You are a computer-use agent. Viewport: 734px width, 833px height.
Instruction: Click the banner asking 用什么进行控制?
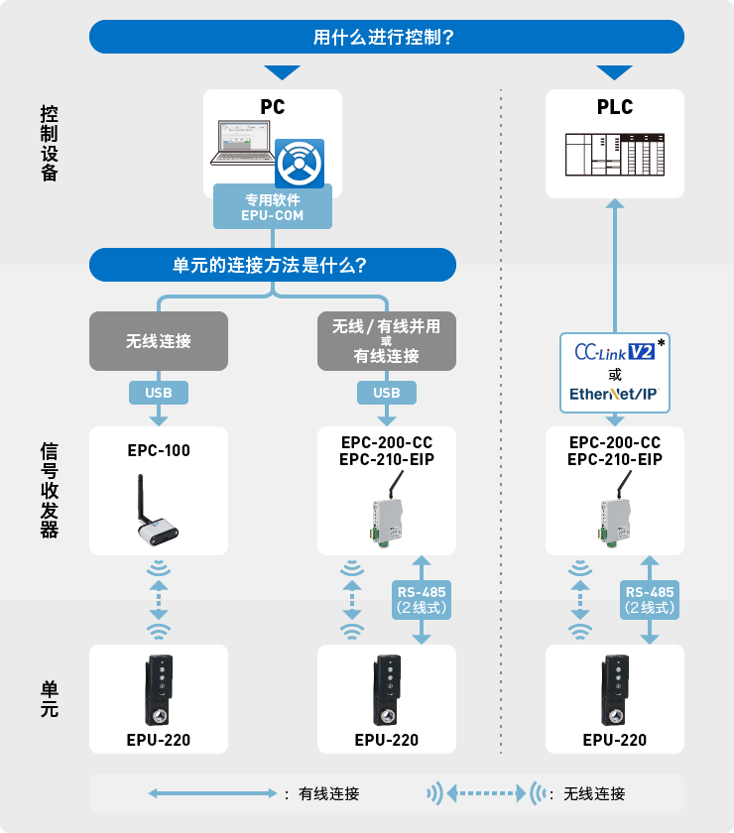click(x=387, y=37)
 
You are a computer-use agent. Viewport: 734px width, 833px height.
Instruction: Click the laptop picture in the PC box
click(x=242, y=144)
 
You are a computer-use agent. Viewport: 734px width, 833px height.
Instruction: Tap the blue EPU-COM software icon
click(x=300, y=163)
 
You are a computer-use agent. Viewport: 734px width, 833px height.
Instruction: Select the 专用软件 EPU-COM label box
click(x=273, y=207)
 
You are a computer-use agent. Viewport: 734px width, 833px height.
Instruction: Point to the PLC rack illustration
click(x=615, y=155)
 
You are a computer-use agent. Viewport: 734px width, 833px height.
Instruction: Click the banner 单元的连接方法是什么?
click(x=273, y=265)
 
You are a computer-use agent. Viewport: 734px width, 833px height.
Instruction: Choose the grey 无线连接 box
click(x=159, y=341)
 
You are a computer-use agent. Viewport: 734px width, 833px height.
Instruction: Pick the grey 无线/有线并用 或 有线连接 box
click(x=387, y=341)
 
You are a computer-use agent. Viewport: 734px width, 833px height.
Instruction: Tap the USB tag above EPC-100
click(x=159, y=393)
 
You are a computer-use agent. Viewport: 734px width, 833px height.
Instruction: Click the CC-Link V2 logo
click(x=614, y=352)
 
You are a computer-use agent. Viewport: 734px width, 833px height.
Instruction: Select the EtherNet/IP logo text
click(x=614, y=394)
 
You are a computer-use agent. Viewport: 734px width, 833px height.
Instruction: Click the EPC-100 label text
click(x=159, y=450)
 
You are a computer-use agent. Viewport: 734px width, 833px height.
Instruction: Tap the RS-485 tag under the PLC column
click(x=650, y=600)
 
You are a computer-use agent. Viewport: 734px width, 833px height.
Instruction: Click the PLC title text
click(x=615, y=107)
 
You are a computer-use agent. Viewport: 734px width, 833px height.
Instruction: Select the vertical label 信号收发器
click(x=50, y=490)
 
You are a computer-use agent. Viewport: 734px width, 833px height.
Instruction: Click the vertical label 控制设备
click(x=50, y=144)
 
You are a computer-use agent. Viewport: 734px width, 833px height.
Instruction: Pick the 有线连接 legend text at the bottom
click(x=329, y=793)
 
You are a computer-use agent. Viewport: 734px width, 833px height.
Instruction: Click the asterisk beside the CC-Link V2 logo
click(x=662, y=342)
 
